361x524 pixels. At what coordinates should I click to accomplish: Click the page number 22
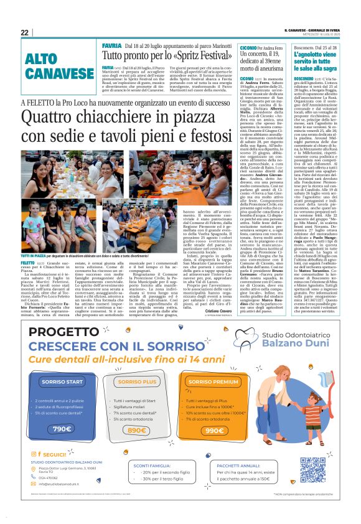click(24, 32)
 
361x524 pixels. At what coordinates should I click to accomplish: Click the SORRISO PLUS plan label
click(136, 381)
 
